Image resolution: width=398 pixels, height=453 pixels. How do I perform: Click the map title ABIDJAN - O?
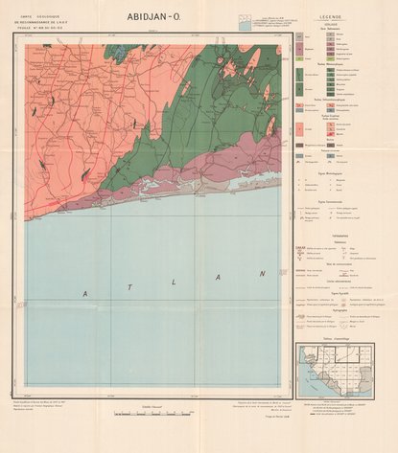(157, 15)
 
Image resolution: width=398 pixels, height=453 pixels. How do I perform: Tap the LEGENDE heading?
(331, 17)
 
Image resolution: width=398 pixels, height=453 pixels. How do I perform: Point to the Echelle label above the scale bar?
(150, 405)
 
